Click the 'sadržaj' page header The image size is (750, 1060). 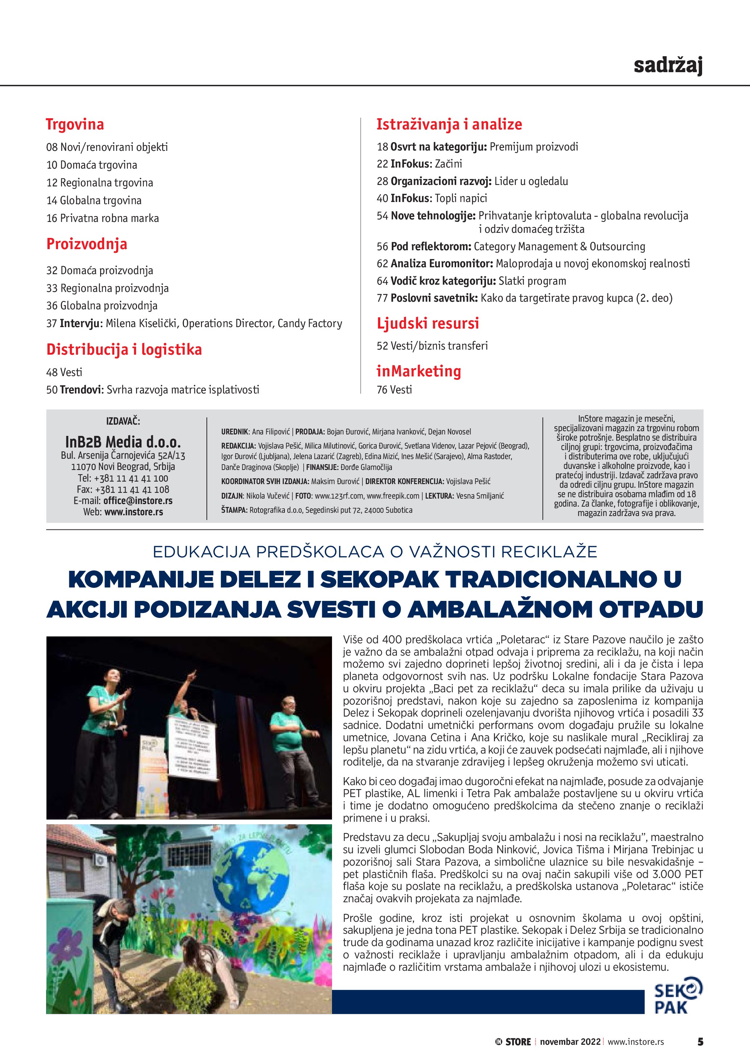coord(668,65)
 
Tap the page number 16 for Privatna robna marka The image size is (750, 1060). coord(52,218)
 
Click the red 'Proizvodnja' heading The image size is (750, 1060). coord(86,244)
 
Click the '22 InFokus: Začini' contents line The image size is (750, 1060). coord(419,164)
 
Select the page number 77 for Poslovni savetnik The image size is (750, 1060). coord(382,298)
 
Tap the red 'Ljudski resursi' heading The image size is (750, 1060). coord(428,323)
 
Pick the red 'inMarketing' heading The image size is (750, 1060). coord(418,371)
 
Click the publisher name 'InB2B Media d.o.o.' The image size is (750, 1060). coord(123,442)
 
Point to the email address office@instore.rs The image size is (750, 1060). coord(138,501)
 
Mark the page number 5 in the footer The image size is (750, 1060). coord(700,1042)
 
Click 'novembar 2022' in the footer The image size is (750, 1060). coord(570,1042)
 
